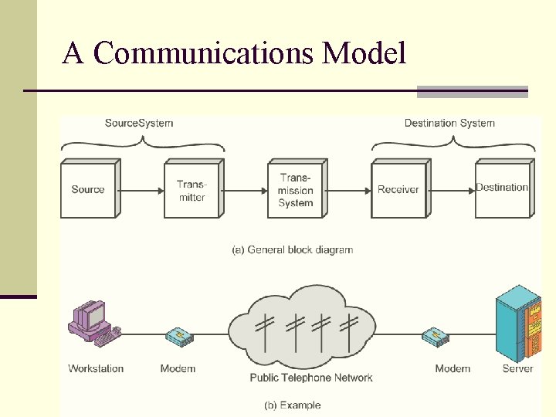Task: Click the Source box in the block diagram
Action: (88, 190)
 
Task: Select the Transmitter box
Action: (192, 190)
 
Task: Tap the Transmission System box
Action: (296, 190)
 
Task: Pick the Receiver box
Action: (398, 190)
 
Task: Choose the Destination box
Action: (502, 188)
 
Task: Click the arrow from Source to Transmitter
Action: (141, 189)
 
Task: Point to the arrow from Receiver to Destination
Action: (452, 189)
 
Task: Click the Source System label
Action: (139, 123)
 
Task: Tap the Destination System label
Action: (449, 123)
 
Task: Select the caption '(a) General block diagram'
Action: (293, 249)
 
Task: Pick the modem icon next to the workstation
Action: (179, 336)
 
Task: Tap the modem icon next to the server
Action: (435, 336)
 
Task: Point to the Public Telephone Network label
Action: (311, 378)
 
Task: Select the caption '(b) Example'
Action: (293, 405)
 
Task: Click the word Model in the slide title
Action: (364, 53)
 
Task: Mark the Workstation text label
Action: (96, 368)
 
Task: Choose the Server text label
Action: (517, 368)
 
